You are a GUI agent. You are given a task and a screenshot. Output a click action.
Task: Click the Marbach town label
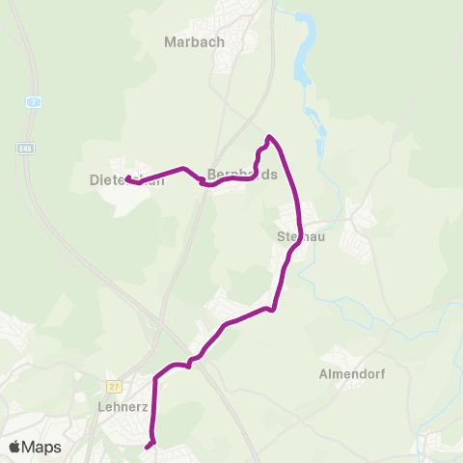[x=194, y=41]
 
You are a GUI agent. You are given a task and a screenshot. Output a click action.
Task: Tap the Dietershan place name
[x=121, y=179]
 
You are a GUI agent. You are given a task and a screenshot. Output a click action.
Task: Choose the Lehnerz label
[x=123, y=406]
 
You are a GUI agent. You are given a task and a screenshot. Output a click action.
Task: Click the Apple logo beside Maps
[x=14, y=447]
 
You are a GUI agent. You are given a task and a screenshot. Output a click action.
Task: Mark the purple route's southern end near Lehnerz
[x=148, y=447]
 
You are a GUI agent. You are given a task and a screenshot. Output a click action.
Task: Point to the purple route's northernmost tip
[x=269, y=137]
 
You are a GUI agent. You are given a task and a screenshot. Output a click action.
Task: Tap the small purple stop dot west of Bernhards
[x=203, y=184]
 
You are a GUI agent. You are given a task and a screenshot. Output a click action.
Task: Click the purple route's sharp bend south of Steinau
[x=275, y=310]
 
